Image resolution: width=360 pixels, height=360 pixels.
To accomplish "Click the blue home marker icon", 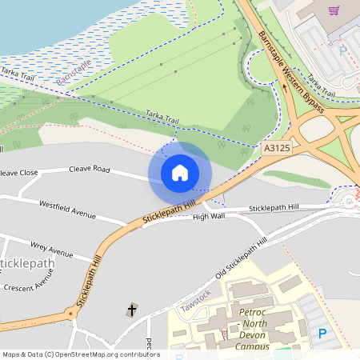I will pyautogui.click(x=180, y=172).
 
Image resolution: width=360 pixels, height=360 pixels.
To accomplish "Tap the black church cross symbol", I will pyautogui.click(x=132, y=309).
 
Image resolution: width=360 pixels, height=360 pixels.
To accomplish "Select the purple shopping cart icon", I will pyautogui.click(x=334, y=10).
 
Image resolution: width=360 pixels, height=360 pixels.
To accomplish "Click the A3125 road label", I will pyautogui.click(x=275, y=148).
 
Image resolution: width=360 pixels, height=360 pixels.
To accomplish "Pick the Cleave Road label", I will pyautogui.click(x=89, y=169).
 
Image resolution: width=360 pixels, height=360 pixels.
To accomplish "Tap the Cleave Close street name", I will pyautogui.click(x=18, y=172).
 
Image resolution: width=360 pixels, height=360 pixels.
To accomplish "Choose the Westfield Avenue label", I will pyautogui.click(x=66, y=210).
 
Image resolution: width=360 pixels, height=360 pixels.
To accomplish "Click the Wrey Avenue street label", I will pyautogui.click(x=51, y=248).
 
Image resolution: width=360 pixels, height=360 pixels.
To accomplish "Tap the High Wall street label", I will pyautogui.click(x=209, y=216).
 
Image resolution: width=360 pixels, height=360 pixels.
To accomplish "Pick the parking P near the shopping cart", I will pyautogui.click(x=343, y=50).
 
